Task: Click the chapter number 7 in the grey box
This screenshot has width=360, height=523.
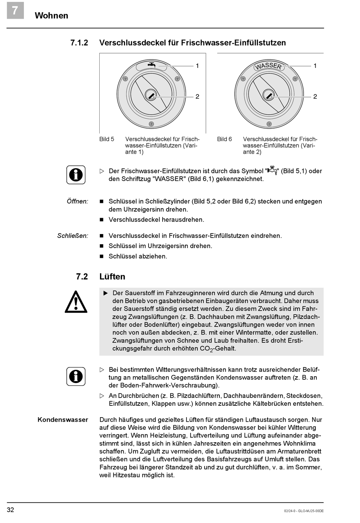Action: tap(15, 10)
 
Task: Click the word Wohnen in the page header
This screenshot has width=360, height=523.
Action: tap(52, 16)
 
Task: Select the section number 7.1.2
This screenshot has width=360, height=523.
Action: tap(79, 43)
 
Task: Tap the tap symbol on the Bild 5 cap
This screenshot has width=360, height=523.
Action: tap(152, 65)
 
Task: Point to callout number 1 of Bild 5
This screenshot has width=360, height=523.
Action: tap(197, 66)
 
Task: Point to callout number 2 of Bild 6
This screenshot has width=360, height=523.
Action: tap(315, 97)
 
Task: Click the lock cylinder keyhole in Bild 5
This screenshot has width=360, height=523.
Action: tap(151, 95)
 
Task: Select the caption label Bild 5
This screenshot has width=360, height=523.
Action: tap(107, 139)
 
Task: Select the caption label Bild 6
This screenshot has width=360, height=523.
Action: tap(225, 139)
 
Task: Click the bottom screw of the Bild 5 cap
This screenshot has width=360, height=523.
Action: tap(151, 124)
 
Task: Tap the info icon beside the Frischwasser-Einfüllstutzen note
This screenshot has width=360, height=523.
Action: tap(76, 175)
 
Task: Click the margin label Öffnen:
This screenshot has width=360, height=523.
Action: tap(77, 201)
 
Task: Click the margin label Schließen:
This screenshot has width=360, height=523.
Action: tap(72, 236)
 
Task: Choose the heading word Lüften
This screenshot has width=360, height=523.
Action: tap(112, 277)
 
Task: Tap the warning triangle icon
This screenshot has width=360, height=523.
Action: tap(76, 302)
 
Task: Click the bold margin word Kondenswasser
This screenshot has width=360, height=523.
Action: tap(63, 420)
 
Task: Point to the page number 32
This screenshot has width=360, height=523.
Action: tap(11, 510)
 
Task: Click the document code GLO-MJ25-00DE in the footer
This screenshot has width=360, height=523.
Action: tap(311, 511)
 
